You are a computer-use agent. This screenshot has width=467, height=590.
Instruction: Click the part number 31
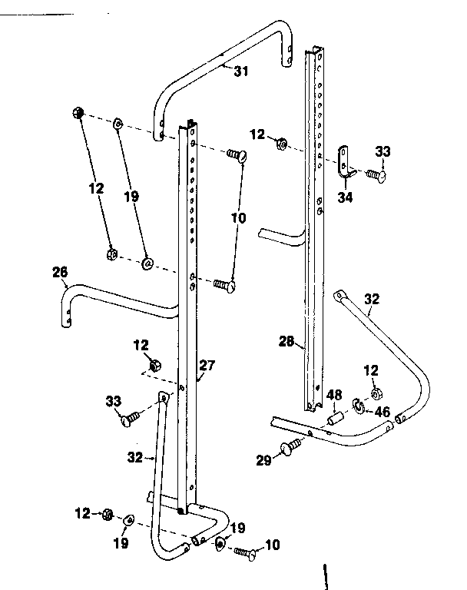(241, 71)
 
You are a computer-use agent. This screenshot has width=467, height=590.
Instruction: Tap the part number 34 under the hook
(345, 197)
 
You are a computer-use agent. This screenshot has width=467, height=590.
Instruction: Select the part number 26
(60, 272)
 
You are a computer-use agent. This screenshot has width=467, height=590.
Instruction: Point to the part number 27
(207, 365)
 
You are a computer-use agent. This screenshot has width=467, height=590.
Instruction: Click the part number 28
(286, 341)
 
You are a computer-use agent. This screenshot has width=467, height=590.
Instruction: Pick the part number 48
(334, 395)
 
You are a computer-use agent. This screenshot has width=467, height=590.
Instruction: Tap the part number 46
(383, 412)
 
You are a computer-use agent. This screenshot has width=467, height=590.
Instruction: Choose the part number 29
(263, 460)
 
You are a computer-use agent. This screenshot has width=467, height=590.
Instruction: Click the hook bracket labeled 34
(346, 163)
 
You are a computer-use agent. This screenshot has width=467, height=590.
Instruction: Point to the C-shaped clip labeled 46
(359, 406)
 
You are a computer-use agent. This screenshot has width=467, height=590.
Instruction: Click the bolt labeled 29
(291, 446)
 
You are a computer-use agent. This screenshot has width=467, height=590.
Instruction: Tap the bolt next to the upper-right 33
(376, 175)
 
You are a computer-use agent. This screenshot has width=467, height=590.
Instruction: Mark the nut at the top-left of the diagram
(78, 112)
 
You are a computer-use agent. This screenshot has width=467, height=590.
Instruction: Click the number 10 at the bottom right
(273, 545)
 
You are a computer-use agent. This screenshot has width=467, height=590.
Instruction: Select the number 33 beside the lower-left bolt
(113, 401)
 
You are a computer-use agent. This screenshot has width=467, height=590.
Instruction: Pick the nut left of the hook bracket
(281, 144)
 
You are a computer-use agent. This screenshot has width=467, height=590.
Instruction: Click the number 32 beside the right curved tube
(372, 299)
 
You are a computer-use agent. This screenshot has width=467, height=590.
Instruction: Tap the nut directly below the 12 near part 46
(376, 393)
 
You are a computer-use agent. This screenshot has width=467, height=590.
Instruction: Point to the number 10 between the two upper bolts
(239, 217)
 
